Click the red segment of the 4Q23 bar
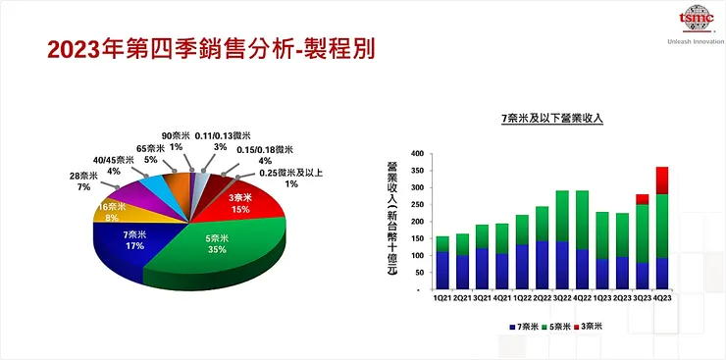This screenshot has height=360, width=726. pyautogui.click(x=661, y=180)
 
